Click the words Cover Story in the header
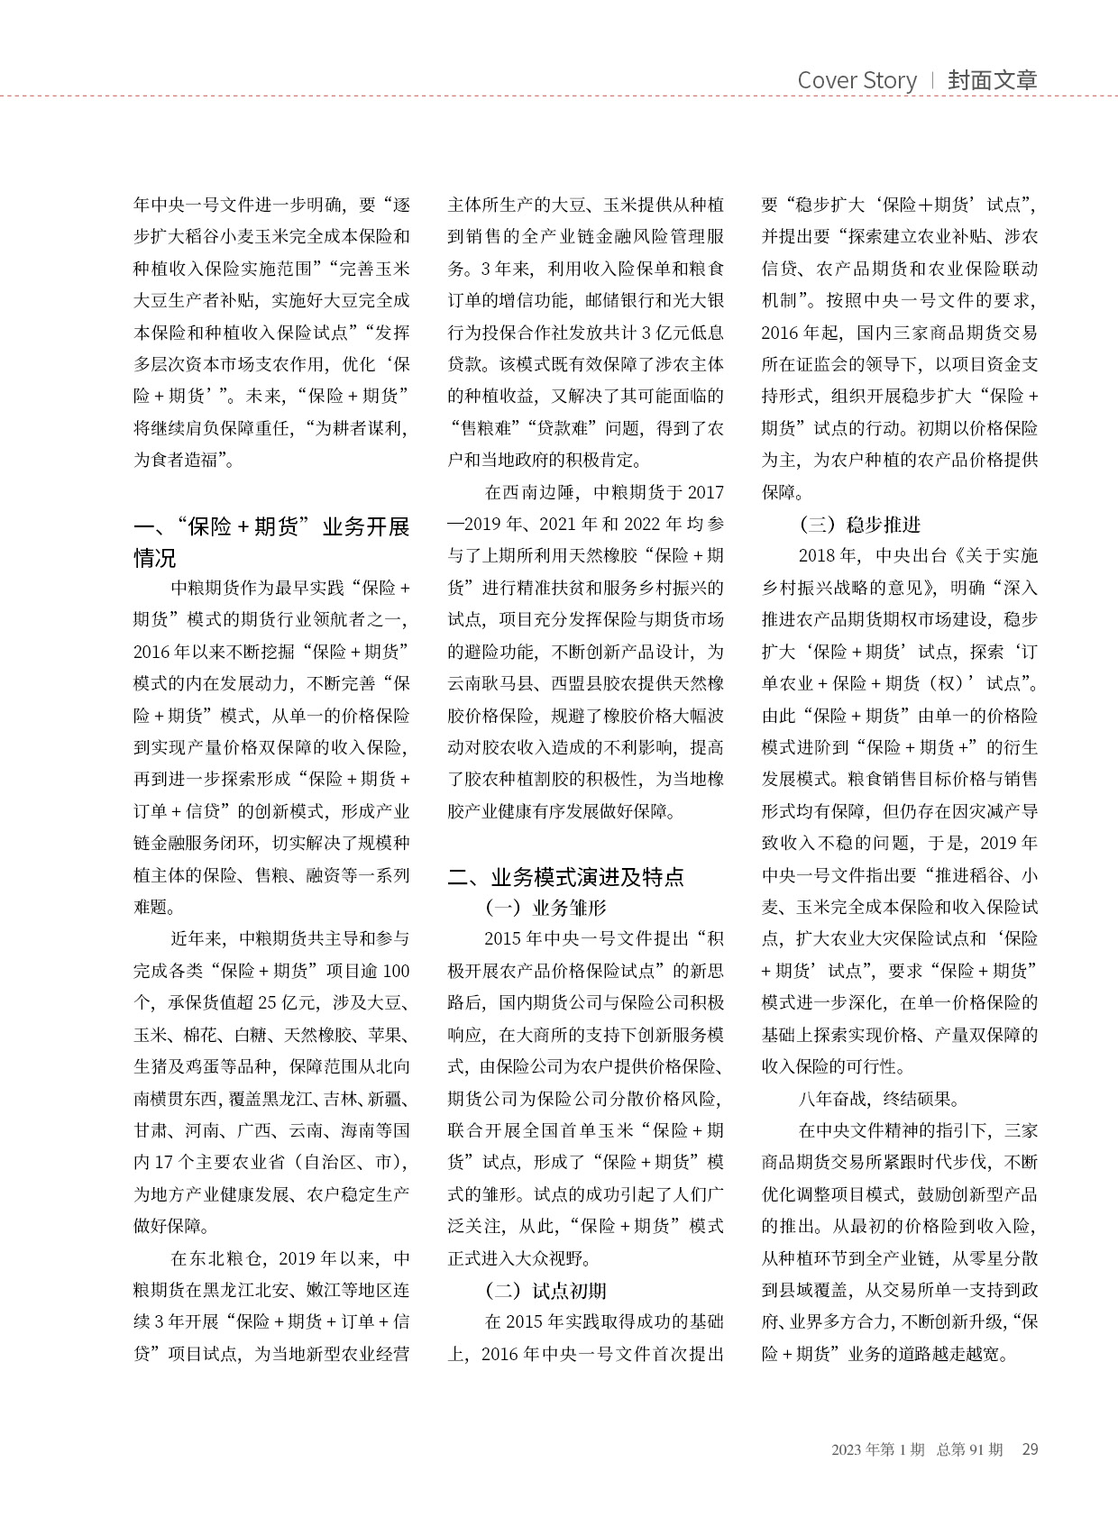(857, 80)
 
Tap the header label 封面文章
(992, 80)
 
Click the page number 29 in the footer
(1030, 1449)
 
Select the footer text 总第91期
(969, 1449)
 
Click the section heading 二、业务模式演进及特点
(565, 876)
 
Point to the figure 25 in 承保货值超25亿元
(267, 1002)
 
